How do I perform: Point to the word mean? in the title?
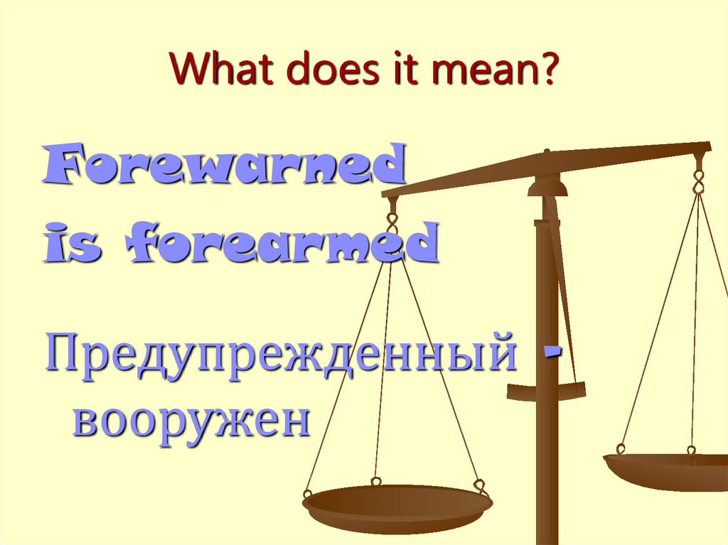pos(483,71)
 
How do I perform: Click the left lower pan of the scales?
pos(397,506)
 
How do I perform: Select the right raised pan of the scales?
pos(668,469)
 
